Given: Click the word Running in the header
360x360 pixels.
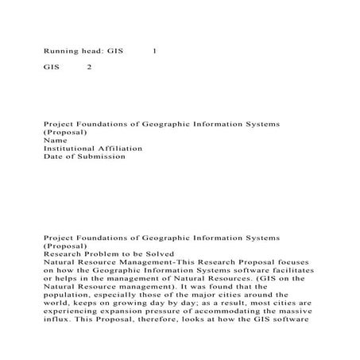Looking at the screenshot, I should (60, 51).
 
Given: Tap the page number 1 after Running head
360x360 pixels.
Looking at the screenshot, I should (154, 51).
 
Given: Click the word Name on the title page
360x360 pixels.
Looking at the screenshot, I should (54, 140).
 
